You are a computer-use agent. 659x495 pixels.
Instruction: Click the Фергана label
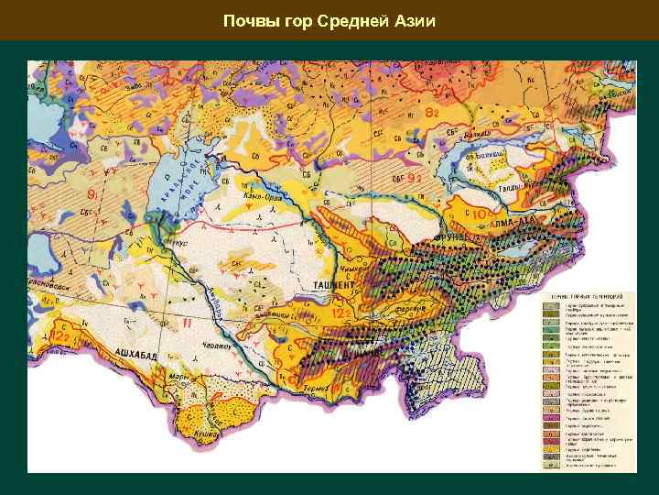coord(411,309)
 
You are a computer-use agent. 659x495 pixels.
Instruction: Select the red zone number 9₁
coord(92,194)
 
